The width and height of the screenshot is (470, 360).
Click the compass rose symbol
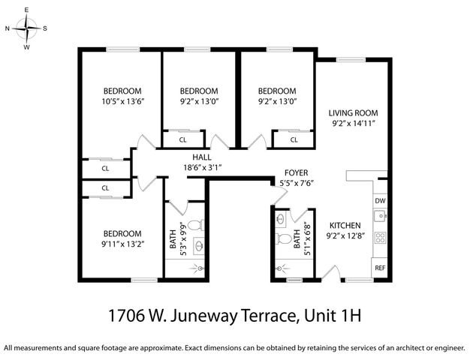tap(26, 28)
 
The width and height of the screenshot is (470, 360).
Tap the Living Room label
tap(352, 112)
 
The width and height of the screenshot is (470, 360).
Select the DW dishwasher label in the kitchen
tap(380, 201)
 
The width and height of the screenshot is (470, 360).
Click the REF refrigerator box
tap(380, 268)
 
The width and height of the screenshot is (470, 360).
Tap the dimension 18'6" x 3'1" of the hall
tap(203, 167)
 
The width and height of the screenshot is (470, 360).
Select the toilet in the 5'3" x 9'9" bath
tap(194, 225)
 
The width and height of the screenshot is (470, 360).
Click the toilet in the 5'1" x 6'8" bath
tap(284, 239)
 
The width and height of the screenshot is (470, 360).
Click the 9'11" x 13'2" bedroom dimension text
tap(122, 243)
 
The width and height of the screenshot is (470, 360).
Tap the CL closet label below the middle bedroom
tap(183, 139)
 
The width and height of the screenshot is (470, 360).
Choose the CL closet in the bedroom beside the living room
tap(293, 139)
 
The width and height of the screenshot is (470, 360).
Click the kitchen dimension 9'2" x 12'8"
tap(345, 235)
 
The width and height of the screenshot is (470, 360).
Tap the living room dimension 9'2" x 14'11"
tap(352, 123)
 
